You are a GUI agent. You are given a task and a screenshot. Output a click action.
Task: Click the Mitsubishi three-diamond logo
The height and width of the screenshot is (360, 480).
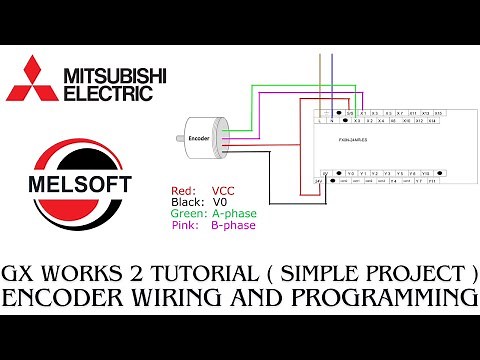point(32,81)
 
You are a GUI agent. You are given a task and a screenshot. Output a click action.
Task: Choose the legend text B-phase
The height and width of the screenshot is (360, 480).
point(233,225)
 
